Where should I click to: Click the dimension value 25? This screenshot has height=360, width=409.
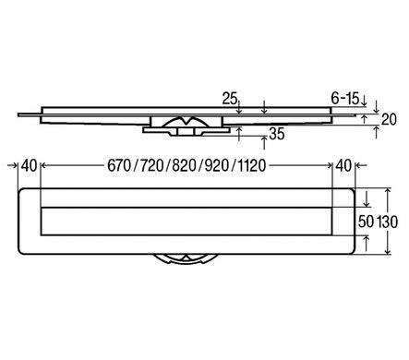point(230,99)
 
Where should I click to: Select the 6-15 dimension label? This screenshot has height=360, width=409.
point(345,99)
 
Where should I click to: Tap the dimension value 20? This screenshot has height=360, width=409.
point(389,119)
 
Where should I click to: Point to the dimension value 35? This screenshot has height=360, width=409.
point(277,134)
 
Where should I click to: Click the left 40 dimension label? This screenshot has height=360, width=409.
point(29,165)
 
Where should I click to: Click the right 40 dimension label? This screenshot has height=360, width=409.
point(343,165)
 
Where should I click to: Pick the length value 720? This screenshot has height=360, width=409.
point(151,165)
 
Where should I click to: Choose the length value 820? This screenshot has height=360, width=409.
point(184,165)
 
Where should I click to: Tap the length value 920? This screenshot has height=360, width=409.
point(217,165)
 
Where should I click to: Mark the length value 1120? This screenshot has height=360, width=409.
point(252,165)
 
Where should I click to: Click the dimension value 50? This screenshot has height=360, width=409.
point(366,222)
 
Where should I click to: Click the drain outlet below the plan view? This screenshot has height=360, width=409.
point(186,259)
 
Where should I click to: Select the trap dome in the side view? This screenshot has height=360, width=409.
point(186,122)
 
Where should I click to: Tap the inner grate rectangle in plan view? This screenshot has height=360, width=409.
point(186,222)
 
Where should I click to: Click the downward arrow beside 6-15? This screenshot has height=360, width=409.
point(364,101)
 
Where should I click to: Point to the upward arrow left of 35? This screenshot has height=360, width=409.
point(239,134)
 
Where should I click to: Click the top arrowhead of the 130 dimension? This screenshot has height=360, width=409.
point(388,191)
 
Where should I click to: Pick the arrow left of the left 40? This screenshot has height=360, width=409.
point(13,165)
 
